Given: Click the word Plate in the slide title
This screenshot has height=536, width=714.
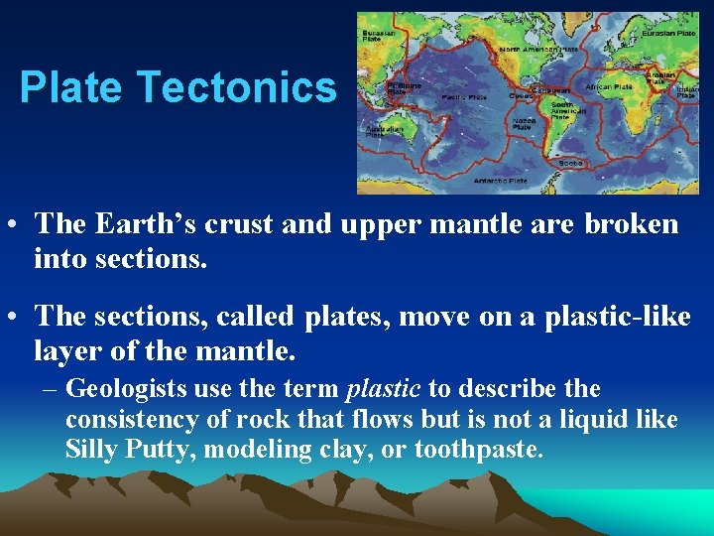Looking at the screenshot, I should [74, 87].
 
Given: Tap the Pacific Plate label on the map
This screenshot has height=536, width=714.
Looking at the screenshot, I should [463, 97].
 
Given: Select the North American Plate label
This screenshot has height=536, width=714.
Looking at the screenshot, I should [538, 49].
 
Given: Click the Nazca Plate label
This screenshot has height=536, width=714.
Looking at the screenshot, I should [523, 124].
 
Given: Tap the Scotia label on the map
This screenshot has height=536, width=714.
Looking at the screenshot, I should [570, 163].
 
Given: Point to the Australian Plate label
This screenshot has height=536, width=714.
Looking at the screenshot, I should [378, 130].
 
